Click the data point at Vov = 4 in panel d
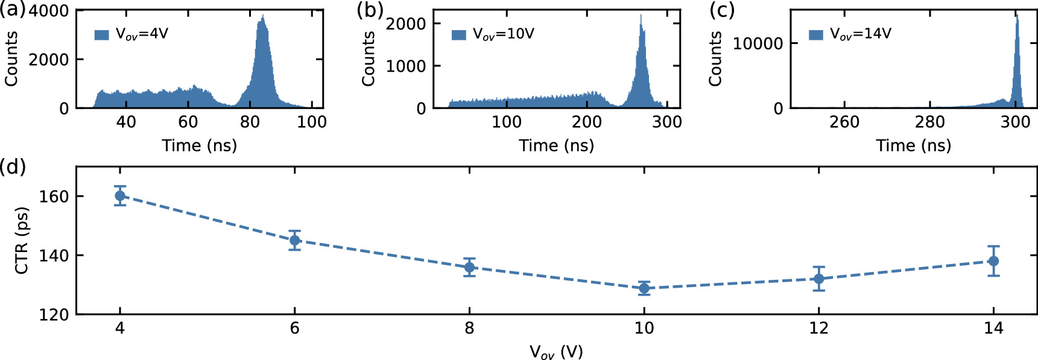[x=120, y=196]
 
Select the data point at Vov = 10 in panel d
[x=644, y=288]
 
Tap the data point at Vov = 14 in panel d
[x=993, y=261]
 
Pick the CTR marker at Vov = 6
[x=294, y=241]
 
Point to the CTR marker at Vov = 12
[x=818, y=279]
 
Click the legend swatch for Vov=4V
[x=101, y=34]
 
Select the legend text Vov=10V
[x=504, y=34]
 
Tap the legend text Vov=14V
[x=861, y=34]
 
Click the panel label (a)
[x=13, y=10]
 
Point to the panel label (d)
[x=13, y=166]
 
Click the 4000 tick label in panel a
[x=49, y=11]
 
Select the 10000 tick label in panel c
[x=758, y=43]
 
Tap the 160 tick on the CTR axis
[x=54, y=197]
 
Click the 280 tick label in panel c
[x=929, y=122]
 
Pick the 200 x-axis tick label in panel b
[x=587, y=122]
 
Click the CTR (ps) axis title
[x=22, y=241]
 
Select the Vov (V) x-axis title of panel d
[x=556, y=352]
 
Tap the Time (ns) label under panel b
[x=556, y=145]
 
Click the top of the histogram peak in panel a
[x=262, y=16]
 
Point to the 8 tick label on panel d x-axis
[x=469, y=328]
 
